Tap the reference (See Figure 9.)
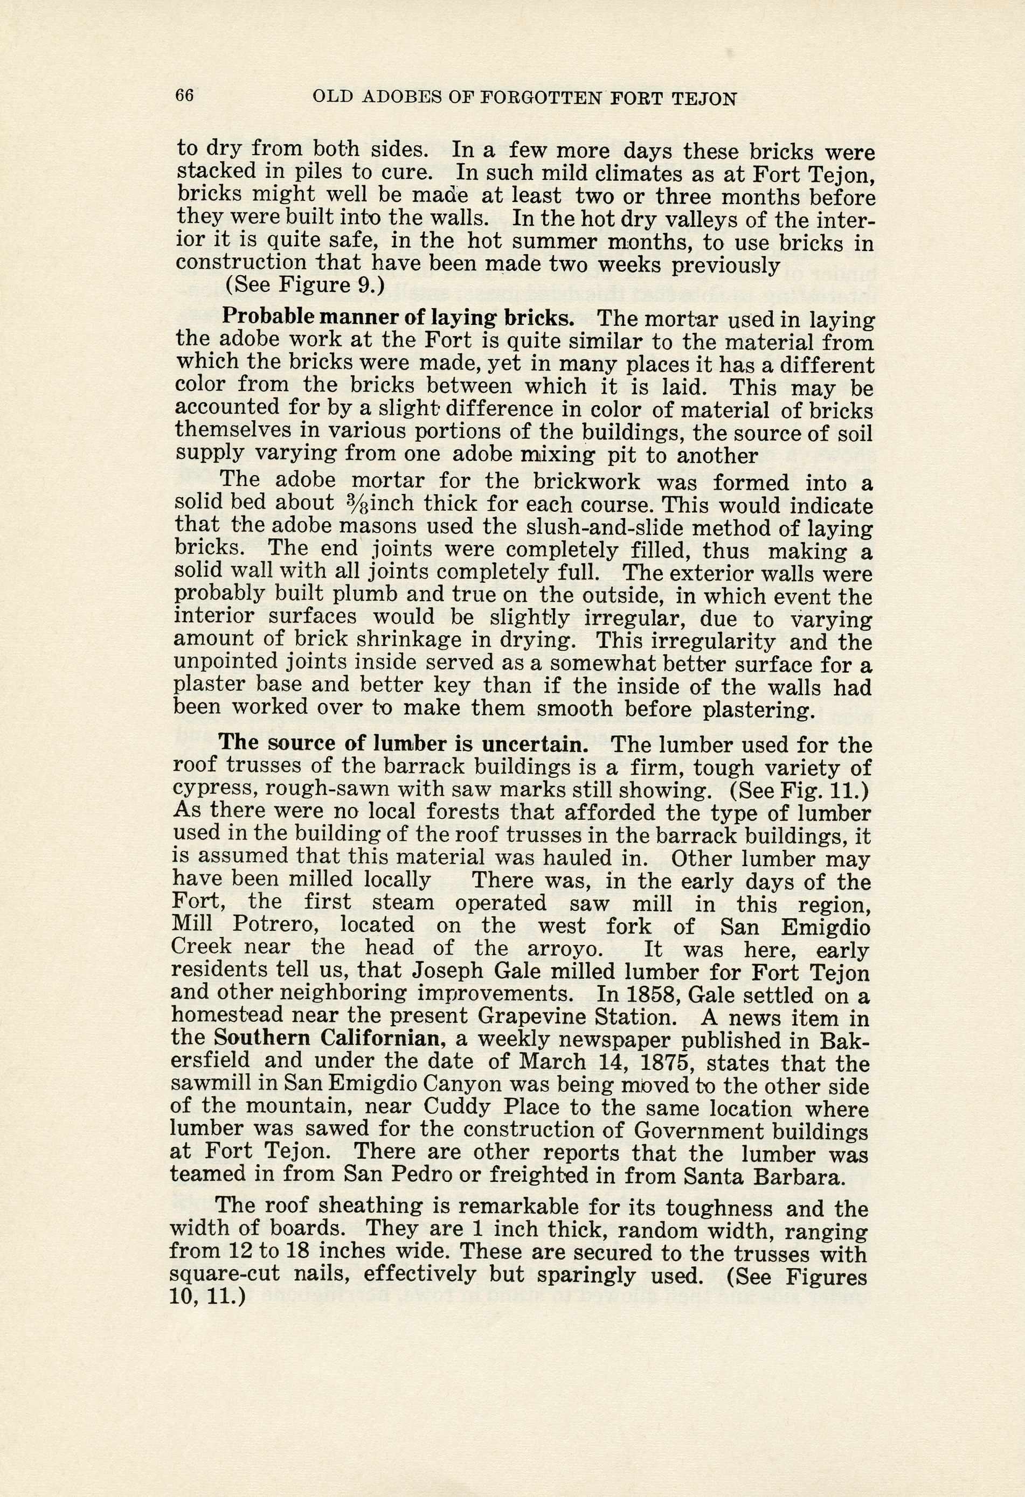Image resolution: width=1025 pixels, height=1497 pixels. [304, 285]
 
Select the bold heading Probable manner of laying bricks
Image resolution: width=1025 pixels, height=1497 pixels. [398, 318]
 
